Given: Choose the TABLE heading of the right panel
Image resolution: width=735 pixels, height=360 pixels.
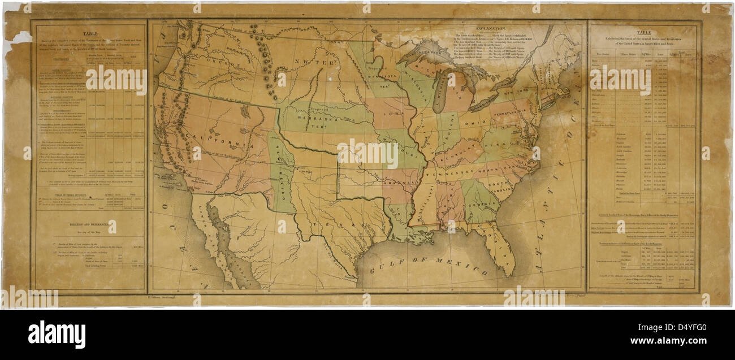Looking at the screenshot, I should pos(643,33).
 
